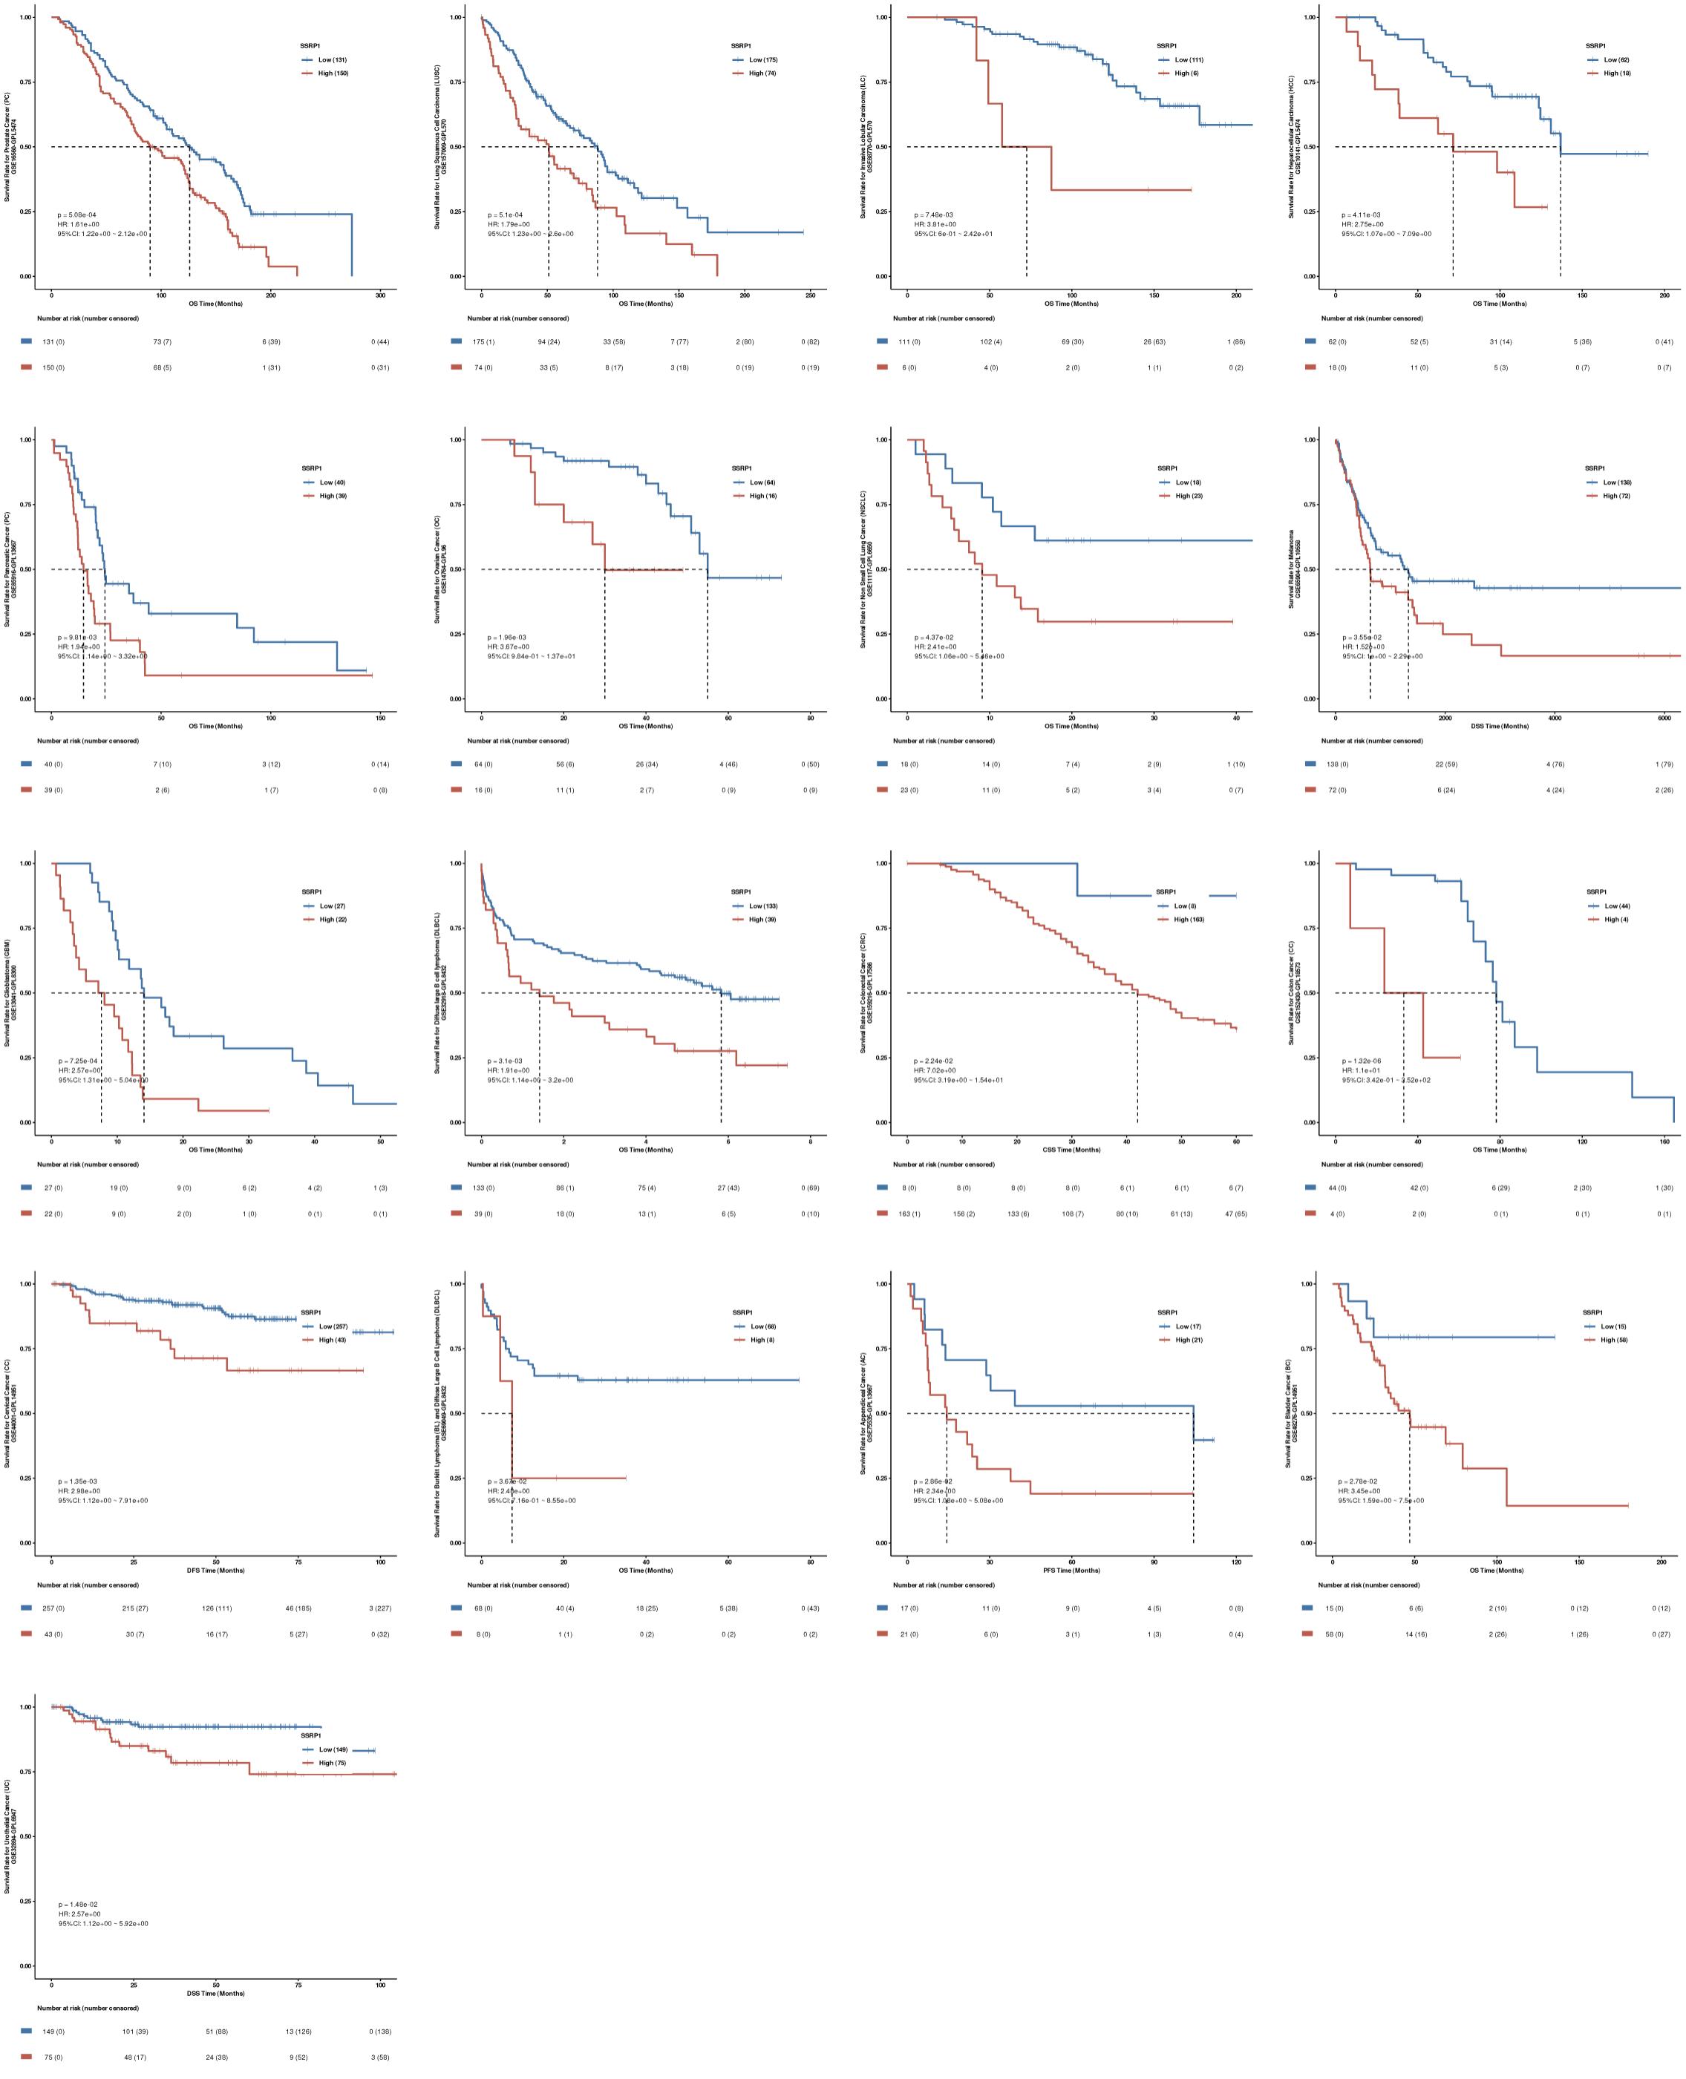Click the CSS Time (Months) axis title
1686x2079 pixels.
click(1071, 1150)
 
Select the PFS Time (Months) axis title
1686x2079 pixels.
click(1071, 1570)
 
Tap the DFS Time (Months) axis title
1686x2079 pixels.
click(215, 1570)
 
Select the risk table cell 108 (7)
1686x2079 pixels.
click(1071, 1214)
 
